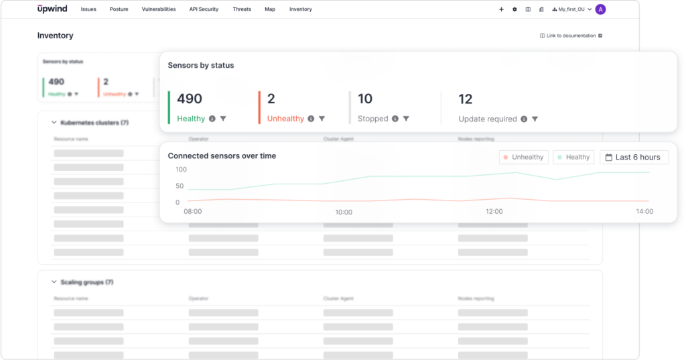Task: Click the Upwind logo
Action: [52, 9]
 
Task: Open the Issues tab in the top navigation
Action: [88, 9]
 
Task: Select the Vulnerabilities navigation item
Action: [159, 9]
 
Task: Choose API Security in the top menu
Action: [204, 9]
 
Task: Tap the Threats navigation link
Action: [242, 9]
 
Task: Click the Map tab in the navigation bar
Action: [270, 9]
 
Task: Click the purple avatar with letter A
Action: [600, 9]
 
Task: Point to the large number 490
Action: [190, 99]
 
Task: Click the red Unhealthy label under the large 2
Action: [285, 119]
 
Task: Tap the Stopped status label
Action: [373, 119]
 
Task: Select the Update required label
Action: [488, 119]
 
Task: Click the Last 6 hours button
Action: [633, 158]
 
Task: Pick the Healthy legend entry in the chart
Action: [573, 158]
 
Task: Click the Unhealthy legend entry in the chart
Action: [523, 158]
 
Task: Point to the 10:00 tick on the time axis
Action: [344, 212]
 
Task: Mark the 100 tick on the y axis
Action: [182, 170]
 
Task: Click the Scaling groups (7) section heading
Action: [86, 282]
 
